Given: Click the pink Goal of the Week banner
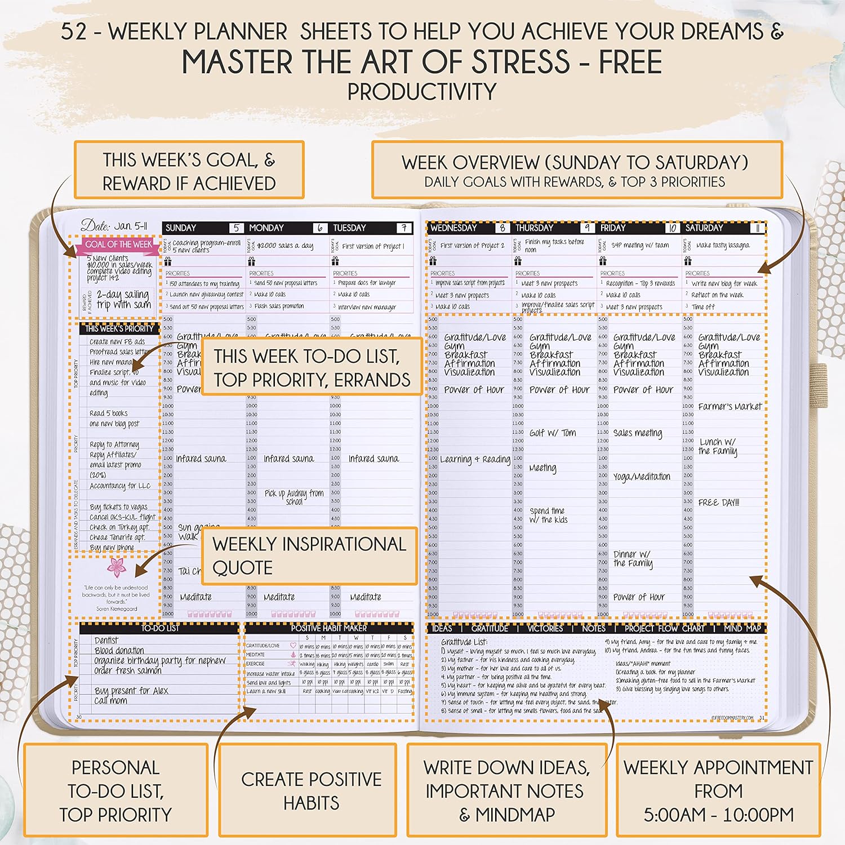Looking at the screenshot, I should [x=118, y=244].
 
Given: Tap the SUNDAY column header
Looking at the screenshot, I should [x=181, y=228].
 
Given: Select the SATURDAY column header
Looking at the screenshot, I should [x=704, y=228].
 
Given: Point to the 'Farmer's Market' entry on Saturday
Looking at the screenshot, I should [x=730, y=406].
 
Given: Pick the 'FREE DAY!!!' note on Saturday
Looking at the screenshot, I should [x=718, y=502].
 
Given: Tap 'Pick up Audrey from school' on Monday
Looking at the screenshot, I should [x=294, y=496].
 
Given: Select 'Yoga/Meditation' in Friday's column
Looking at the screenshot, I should [x=642, y=477].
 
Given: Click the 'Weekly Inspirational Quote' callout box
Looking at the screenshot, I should [x=309, y=555].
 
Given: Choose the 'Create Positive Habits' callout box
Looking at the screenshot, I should [x=311, y=790].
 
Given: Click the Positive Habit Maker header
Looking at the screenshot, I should [x=328, y=628].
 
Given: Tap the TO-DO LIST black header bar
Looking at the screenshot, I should [x=160, y=628].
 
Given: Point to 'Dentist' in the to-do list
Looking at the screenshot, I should [x=106, y=641].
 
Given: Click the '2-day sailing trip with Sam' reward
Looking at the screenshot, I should [x=123, y=300].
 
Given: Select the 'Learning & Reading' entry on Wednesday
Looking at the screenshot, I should [x=475, y=459].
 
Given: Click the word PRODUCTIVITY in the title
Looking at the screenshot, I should [x=422, y=92].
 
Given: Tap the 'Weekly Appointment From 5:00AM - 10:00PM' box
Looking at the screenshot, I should [x=718, y=790].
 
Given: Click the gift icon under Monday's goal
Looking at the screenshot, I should [x=251, y=261].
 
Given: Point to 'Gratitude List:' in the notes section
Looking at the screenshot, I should [x=464, y=642].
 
